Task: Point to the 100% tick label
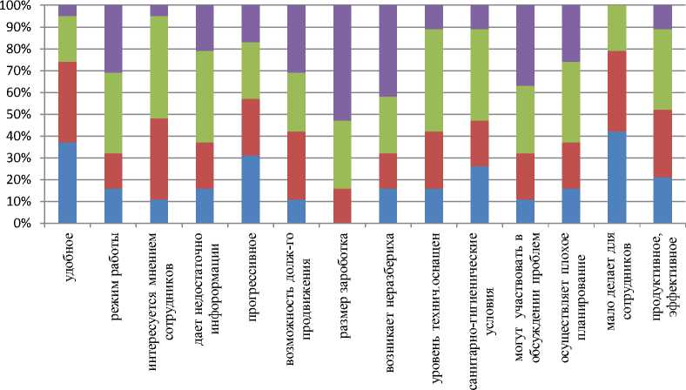click(15, 5)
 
